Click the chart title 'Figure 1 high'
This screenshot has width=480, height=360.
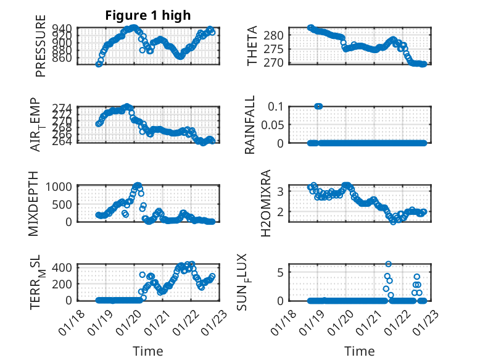pyautogui.click(x=147, y=15)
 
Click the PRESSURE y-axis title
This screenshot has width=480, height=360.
pyautogui.click(x=41, y=49)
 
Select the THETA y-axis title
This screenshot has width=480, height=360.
pyautogui.click(x=252, y=49)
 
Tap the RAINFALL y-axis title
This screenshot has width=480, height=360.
pyautogui.click(x=252, y=125)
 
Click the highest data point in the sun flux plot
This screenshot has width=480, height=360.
pyautogui.click(x=388, y=264)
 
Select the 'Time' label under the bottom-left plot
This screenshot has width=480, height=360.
pyautogui.click(x=148, y=351)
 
